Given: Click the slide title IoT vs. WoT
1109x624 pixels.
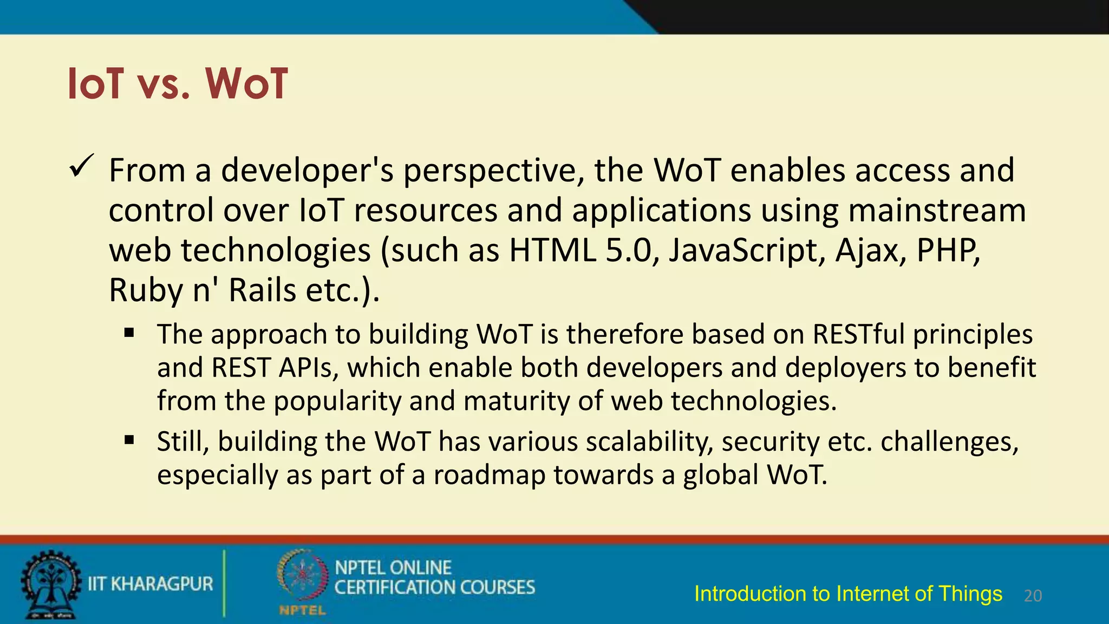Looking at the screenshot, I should [178, 84].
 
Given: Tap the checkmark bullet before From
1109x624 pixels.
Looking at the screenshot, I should [82, 167].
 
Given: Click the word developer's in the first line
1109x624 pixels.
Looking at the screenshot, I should [307, 171].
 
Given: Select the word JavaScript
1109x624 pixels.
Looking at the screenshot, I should [747, 251].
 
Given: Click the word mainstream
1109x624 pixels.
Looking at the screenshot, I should [937, 211].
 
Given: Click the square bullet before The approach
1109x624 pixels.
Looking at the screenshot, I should [129, 333].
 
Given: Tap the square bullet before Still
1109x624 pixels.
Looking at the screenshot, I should [129, 440].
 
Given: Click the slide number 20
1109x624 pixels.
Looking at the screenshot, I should [1033, 596].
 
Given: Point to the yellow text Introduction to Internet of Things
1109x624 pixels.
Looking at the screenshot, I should [848, 594].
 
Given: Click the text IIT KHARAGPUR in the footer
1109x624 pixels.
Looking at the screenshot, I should [151, 584].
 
